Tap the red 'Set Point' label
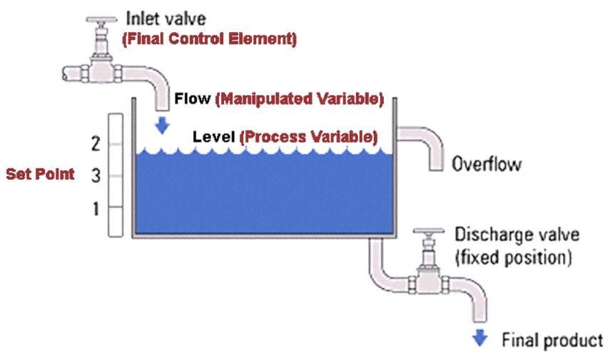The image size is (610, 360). coord(40,175)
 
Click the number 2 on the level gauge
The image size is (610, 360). coord(96,144)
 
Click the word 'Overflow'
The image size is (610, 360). coord(486,165)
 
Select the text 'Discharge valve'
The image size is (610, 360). coord(517,235)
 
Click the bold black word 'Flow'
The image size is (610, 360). coord(193,100)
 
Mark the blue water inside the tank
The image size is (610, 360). coord(264,192)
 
